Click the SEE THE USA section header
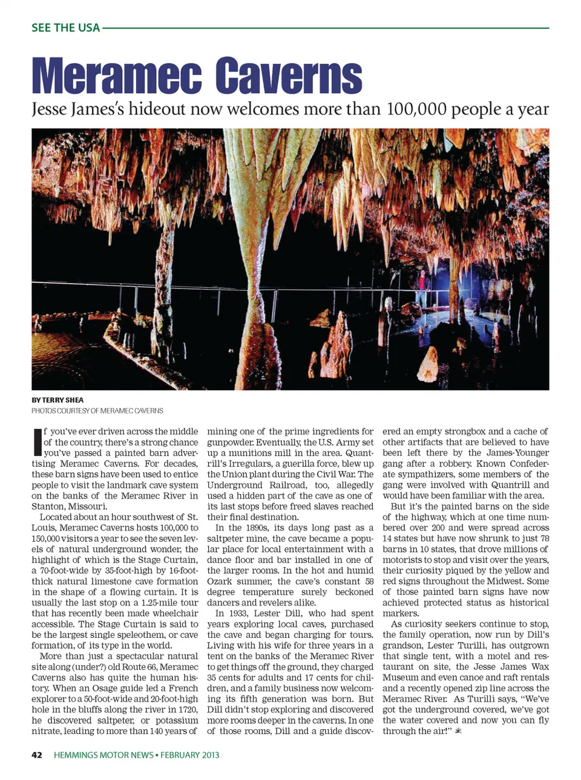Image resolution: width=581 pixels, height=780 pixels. [65, 28]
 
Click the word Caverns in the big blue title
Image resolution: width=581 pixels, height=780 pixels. [288, 76]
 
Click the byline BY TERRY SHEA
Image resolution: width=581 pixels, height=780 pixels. [57, 400]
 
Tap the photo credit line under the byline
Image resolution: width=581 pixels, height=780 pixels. [97, 411]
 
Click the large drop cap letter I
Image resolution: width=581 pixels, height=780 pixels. [37, 442]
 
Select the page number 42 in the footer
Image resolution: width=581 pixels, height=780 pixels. [37, 755]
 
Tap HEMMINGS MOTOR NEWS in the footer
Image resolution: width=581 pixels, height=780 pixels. [103, 755]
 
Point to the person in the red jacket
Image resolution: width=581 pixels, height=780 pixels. [421, 284]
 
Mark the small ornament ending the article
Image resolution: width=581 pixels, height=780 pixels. [458, 731]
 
